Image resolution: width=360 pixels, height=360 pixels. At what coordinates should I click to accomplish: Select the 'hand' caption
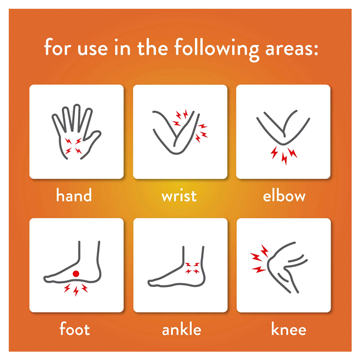(x=74, y=195)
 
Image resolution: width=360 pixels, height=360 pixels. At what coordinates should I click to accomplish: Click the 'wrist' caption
(x=179, y=196)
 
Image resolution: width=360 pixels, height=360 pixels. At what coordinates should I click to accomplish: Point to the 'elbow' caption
(x=284, y=195)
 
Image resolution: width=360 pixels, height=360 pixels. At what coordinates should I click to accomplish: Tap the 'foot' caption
(x=74, y=329)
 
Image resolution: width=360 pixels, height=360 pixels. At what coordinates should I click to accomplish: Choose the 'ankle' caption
(x=181, y=329)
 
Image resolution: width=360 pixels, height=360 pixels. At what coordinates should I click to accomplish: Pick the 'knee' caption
(x=289, y=329)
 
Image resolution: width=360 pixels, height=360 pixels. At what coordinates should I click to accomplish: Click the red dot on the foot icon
(x=76, y=274)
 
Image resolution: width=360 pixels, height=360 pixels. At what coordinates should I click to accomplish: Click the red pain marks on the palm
(x=73, y=146)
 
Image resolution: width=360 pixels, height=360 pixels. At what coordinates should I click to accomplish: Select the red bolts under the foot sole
(x=76, y=290)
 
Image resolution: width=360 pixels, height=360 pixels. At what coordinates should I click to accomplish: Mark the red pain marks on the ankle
(x=192, y=268)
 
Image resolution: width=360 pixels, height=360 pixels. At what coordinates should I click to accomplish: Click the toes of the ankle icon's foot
(x=152, y=283)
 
